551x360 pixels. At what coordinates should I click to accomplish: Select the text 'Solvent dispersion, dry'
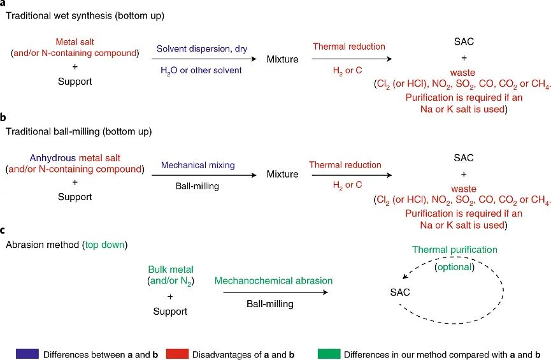204,48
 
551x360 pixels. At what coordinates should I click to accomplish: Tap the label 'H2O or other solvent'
201,70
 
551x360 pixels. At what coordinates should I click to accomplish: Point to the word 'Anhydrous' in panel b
50,157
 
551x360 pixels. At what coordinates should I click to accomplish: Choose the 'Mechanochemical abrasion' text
273,280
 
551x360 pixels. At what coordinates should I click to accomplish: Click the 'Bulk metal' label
169,270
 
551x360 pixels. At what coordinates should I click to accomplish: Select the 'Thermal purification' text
454,250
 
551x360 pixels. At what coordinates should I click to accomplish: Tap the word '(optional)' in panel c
454,267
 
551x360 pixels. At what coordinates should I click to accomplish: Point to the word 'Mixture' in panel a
282,59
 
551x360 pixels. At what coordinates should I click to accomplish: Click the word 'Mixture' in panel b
282,174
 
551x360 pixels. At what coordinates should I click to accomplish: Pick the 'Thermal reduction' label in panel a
348,47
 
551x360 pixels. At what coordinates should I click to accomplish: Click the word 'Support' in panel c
170,312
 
